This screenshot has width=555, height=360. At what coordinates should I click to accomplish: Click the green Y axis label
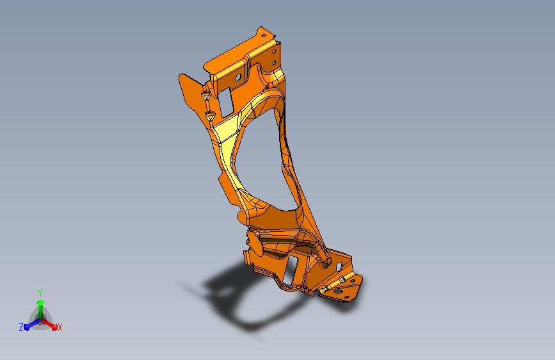pos(40,293)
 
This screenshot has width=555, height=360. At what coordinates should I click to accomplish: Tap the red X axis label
pos(60,328)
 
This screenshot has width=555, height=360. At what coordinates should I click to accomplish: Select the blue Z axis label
pos(21,327)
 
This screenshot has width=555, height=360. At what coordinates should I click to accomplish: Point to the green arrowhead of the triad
pos(41,303)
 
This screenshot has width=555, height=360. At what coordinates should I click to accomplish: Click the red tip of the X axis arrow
pos(54,327)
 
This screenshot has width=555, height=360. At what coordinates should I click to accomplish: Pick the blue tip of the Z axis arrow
pos(27,327)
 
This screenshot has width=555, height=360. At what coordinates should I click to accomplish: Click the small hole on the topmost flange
pos(264,35)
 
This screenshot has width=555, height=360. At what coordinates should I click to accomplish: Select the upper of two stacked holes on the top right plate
pos(274,51)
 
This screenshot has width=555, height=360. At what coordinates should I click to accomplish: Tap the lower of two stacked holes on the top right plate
pos(274,63)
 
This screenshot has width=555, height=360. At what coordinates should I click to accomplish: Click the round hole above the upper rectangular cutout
pos(238,78)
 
